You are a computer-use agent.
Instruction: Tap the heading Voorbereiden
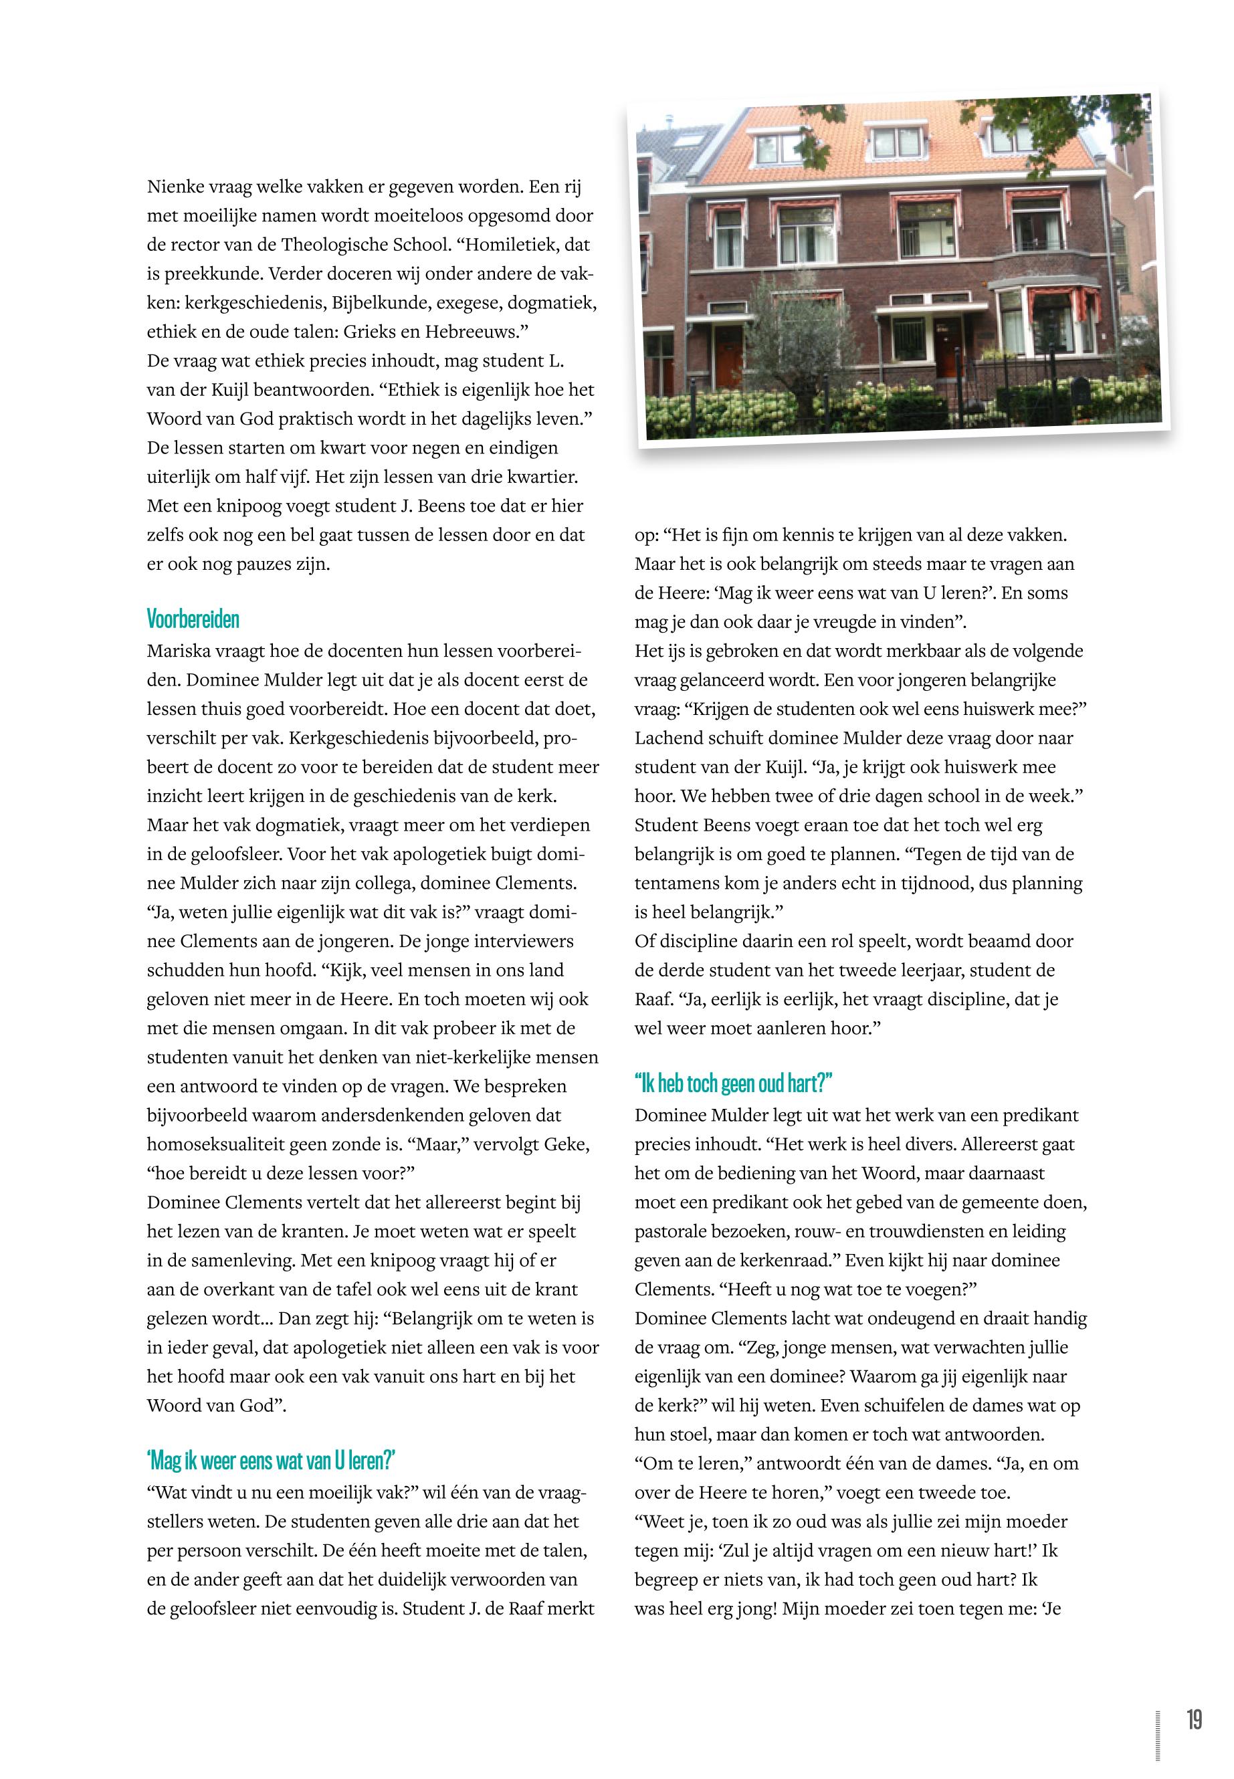tap(193, 619)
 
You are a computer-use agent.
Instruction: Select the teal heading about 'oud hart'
tap(733, 1083)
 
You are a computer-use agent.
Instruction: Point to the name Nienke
tap(172, 187)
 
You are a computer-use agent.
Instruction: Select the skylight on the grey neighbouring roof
tap(687, 140)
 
